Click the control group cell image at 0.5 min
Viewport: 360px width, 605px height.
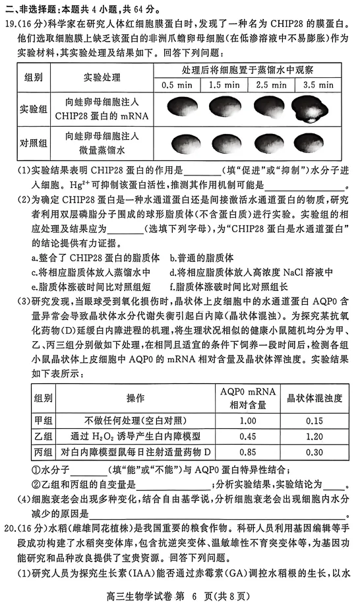point(177,141)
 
